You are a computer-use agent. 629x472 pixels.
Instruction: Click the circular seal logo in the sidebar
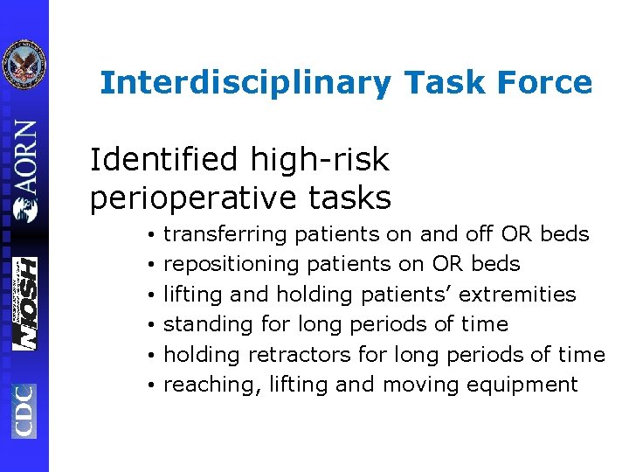coord(24,65)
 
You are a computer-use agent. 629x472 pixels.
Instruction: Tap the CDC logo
coord(24,411)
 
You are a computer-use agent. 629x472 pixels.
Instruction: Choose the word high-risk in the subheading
coord(318,160)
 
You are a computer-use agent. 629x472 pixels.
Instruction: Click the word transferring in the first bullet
coord(225,234)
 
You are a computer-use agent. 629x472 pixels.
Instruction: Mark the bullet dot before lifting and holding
coord(151,295)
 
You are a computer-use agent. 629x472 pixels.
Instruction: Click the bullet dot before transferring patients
coord(151,235)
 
